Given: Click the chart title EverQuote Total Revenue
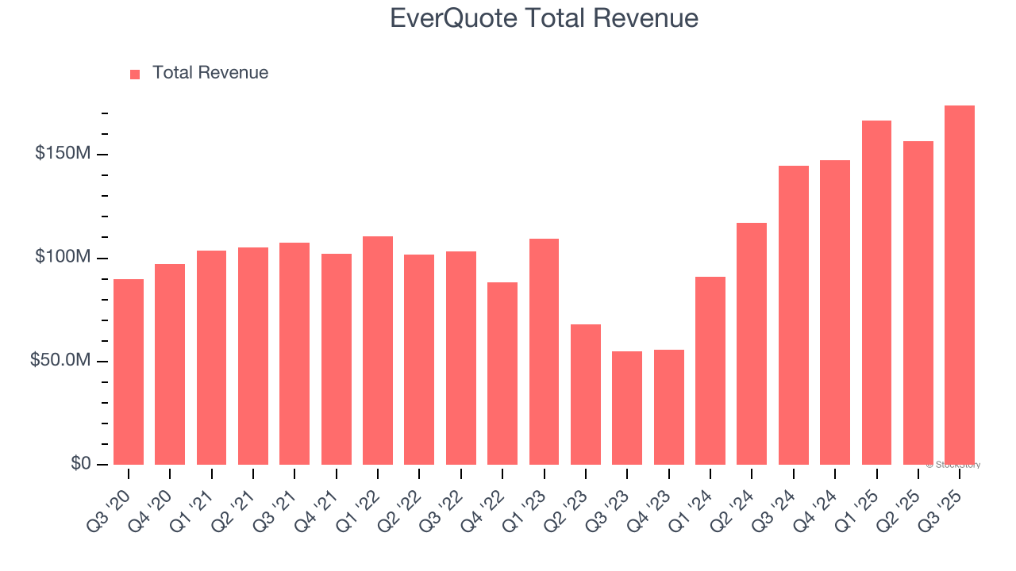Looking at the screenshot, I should pyautogui.click(x=544, y=18).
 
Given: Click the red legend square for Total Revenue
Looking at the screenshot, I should pyautogui.click(x=135, y=74).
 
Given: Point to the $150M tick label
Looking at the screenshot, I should pyautogui.click(x=62, y=153).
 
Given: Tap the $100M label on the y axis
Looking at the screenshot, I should pyautogui.click(x=62, y=257).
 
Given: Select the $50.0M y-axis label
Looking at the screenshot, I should pyautogui.click(x=60, y=360).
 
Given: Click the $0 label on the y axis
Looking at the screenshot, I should pyautogui.click(x=79, y=463).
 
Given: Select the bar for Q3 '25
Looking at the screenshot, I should pyautogui.click(x=959, y=285).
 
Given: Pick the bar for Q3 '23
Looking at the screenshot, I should pyautogui.click(x=627, y=408).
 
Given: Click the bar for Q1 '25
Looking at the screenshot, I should pyautogui.click(x=876, y=293).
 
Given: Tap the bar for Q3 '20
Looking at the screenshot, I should pyautogui.click(x=129, y=372).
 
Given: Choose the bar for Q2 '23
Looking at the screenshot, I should pyautogui.click(x=586, y=394).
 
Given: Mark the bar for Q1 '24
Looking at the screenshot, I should pyautogui.click(x=710, y=370).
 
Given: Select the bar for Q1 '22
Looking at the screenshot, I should pyautogui.click(x=378, y=351).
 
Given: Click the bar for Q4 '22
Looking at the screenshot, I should pyautogui.click(x=502, y=374).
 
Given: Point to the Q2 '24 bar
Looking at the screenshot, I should pyautogui.click(x=752, y=343).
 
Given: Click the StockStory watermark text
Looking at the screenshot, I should pyautogui.click(x=953, y=465).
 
